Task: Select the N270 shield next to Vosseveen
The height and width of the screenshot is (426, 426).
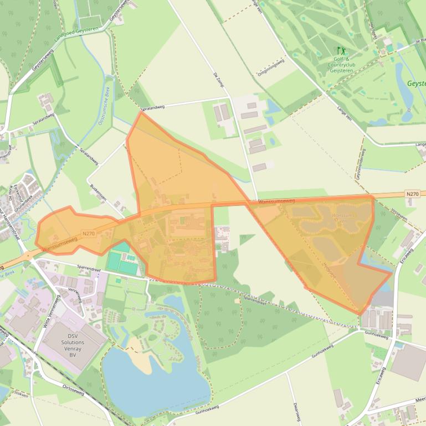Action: click(412, 194)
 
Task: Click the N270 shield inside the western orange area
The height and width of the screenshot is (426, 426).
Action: click(88, 233)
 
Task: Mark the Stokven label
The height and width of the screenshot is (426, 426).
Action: click(21, 394)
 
